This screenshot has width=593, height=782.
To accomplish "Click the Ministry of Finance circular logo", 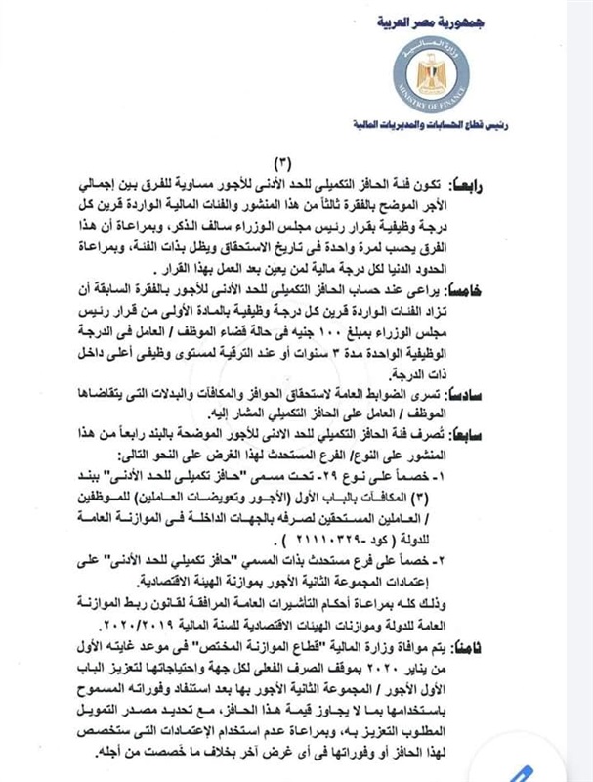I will click(424, 80).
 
